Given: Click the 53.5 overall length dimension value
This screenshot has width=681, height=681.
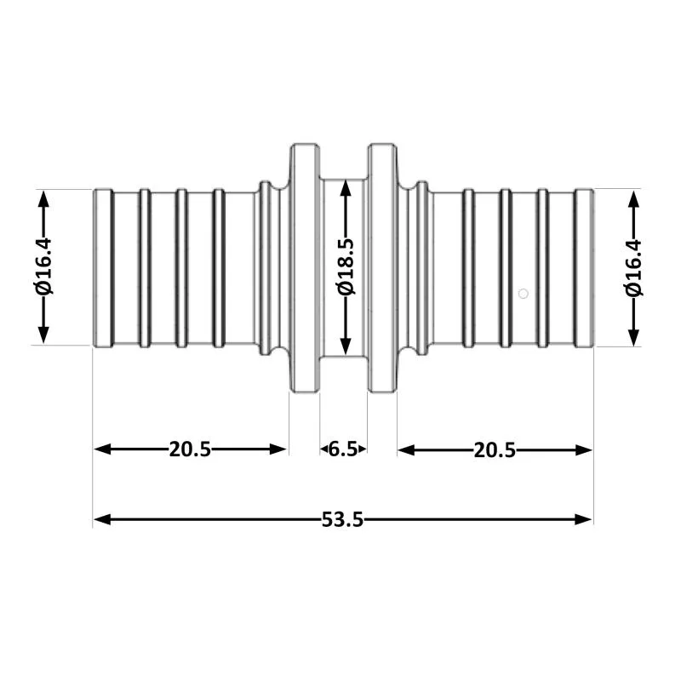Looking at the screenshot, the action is click(x=342, y=519).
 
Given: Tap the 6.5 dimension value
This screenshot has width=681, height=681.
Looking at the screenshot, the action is click(x=343, y=449).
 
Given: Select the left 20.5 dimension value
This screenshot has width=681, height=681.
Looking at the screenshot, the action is click(x=190, y=449).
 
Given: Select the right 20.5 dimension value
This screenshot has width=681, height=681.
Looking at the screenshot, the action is click(x=495, y=450).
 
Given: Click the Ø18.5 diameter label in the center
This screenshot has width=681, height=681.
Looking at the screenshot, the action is click(x=346, y=267).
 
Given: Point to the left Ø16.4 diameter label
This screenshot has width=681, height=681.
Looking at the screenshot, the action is click(x=44, y=266).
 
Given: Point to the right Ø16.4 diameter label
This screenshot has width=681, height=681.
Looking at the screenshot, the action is click(x=633, y=268).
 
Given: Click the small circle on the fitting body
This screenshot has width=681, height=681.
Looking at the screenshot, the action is click(x=524, y=294).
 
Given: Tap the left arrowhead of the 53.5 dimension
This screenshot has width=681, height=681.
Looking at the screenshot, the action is click(x=102, y=519).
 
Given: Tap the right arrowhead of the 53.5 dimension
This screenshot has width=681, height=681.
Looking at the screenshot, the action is click(x=583, y=519).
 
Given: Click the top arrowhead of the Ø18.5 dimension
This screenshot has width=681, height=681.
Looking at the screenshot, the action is click(x=346, y=187).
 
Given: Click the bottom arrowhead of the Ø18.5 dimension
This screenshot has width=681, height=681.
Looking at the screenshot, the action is click(x=346, y=346).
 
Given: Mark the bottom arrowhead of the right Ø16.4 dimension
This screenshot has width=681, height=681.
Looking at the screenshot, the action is click(x=634, y=336).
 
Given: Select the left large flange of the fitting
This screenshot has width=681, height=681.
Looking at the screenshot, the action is click(x=305, y=268).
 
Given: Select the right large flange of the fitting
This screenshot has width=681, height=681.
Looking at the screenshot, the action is click(x=382, y=268).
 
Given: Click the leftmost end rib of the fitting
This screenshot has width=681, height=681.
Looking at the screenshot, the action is click(x=103, y=268).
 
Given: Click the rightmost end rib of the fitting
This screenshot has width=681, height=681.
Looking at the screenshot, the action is click(x=584, y=268).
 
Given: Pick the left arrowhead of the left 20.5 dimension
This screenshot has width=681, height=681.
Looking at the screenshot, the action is click(x=102, y=449).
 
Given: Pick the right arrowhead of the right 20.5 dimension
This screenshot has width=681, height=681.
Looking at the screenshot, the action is click(x=583, y=450).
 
